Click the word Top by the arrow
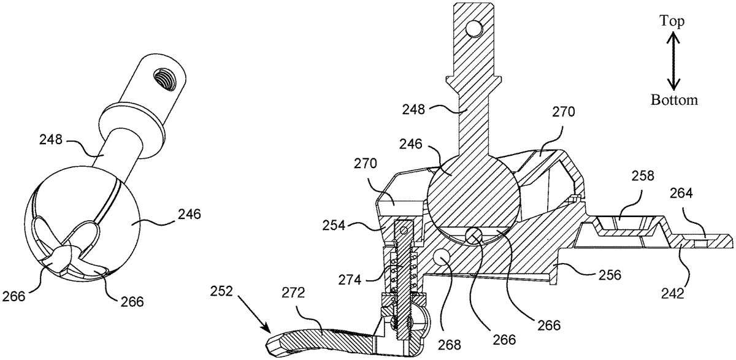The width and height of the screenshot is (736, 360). [x=673, y=21]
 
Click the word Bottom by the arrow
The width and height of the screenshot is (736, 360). [x=674, y=99]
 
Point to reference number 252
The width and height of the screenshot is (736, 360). [x=221, y=291]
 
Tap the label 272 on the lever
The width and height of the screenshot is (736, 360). [x=293, y=293]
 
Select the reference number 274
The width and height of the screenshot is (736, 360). [x=350, y=280]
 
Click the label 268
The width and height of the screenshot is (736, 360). [x=450, y=345]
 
